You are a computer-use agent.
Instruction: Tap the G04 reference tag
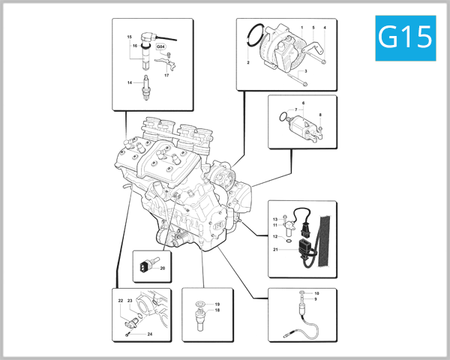point(160,46)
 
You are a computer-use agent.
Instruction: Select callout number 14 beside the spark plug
point(129,82)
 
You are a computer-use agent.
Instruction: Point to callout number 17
point(166,76)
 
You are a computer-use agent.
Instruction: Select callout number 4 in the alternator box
point(325,28)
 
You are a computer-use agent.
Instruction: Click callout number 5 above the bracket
point(313,28)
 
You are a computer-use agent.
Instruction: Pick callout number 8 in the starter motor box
point(320,115)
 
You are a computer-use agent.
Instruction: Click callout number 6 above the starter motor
point(303,102)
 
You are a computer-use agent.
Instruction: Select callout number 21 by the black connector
point(275,250)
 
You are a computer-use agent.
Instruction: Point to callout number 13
point(275,218)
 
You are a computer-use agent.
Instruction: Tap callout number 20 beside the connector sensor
point(162,267)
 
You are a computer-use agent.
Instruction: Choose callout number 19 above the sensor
point(217,304)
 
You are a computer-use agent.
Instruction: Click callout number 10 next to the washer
point(316,292)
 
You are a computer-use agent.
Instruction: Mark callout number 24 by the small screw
point(150,334)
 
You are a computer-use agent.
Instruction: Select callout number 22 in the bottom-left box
point(120,301)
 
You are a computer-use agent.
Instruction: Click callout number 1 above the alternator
point(301,28)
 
